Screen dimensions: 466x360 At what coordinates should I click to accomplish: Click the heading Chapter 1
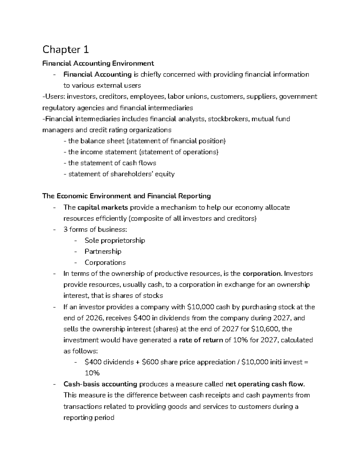[65, 50]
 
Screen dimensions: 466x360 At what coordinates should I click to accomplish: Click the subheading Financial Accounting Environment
[98, 63]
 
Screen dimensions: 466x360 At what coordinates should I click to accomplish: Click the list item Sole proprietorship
[115, 240]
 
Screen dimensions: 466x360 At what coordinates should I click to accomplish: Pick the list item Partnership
[103, 251]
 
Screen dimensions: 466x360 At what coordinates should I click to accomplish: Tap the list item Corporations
[105, 263]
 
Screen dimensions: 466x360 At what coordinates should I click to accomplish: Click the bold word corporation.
[262, 274]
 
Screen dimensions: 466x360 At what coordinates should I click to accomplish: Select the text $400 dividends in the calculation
[109, 362]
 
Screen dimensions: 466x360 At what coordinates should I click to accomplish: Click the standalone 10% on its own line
[92, 373]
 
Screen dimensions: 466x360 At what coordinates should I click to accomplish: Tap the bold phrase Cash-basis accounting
[100, 384]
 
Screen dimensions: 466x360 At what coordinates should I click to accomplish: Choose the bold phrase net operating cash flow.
[265, 384]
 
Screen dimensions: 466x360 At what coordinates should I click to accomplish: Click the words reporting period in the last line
[89, 417]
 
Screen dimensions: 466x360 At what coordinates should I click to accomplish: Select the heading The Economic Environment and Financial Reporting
[126, 196]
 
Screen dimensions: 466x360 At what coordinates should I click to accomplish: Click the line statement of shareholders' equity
[119, 174]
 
